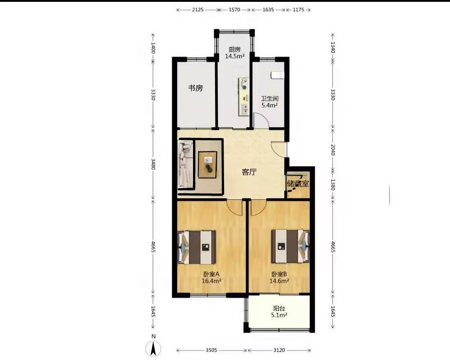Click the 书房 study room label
coord(195,88)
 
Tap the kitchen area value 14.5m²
coord(234,56)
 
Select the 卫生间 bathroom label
coord(270,99)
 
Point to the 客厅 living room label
coord(249,172)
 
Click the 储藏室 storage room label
coord(298,184)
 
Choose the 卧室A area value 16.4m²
coord(211,281)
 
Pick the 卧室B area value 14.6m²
coord(279,281)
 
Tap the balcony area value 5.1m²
coord(279,315)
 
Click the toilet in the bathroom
coord(277,74)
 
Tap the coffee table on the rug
coord(208,165)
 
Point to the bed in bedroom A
coord(197,247)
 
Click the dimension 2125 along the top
coord(198,10)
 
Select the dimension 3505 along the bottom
coord(211,350)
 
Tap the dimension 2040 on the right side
coord(333,150)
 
